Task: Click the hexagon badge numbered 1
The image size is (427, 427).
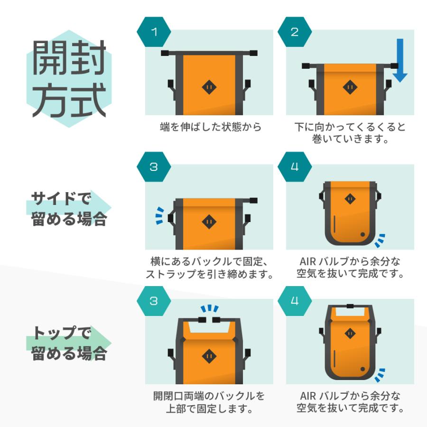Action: tap(154, 32)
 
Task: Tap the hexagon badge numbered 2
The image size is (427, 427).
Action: tap(295, 32)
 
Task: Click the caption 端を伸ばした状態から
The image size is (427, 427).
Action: tap(211, 127)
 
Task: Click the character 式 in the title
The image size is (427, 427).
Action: tap(88, 101)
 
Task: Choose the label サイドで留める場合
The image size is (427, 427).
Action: tap(68, 209)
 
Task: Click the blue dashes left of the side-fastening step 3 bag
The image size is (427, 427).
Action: tap(161, 215)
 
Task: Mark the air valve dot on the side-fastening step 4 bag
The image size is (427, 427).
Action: tap(363, 234)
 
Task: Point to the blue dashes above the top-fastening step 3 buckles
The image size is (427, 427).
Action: tap(209, 309)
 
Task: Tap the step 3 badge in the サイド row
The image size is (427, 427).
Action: tap(154, 167)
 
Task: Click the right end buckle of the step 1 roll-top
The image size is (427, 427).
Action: tap(252, 53)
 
